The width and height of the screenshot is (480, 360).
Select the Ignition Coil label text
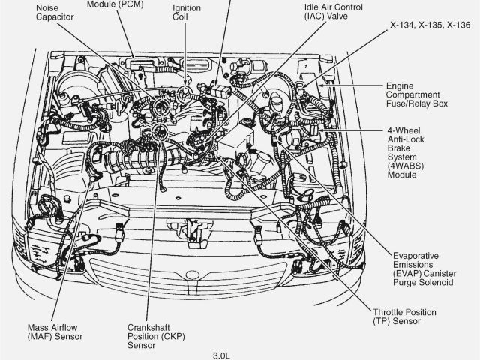tap(186, 13)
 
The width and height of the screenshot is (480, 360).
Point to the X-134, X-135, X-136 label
tap(428, 24)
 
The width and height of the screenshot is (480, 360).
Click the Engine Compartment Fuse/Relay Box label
tap(416, 94)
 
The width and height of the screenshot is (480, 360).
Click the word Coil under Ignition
tap(181, 18)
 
